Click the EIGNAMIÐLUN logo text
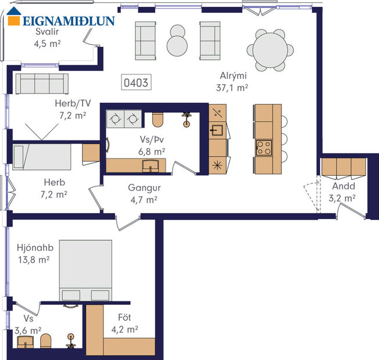(69, 21)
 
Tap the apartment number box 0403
(135, 83)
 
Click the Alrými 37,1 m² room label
(234, 82)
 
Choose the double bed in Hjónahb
(85, 271)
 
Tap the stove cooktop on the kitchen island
(264, 147)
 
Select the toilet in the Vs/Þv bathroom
(157, 119)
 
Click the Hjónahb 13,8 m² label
(33, 254)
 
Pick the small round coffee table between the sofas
(177, 40)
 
